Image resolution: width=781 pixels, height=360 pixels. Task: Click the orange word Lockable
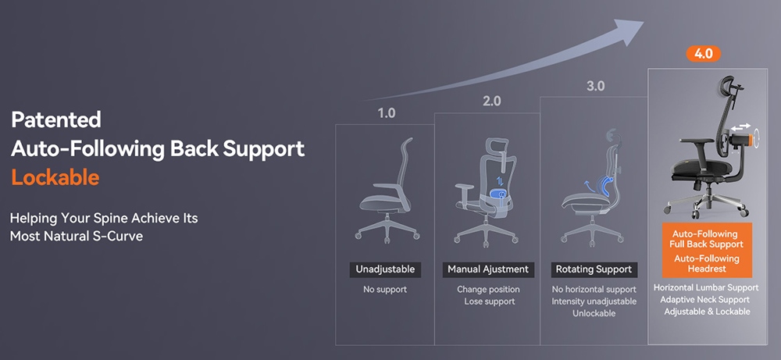55,177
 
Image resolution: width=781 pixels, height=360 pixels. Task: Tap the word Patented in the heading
56,119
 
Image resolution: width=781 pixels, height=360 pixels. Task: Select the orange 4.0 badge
703,54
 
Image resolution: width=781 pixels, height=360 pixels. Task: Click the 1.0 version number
386,112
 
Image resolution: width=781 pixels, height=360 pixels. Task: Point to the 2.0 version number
491,101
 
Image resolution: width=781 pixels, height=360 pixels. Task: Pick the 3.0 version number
595,86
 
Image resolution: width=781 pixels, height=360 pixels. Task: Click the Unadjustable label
385,269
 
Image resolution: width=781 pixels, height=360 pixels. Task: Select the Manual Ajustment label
488,269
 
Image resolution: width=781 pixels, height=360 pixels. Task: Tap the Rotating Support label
594,269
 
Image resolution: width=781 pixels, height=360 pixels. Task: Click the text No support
385,290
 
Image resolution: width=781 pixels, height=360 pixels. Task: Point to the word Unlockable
594,313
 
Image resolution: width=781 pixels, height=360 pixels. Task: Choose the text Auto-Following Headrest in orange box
706,264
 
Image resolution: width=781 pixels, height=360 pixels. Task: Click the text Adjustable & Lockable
706,312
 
